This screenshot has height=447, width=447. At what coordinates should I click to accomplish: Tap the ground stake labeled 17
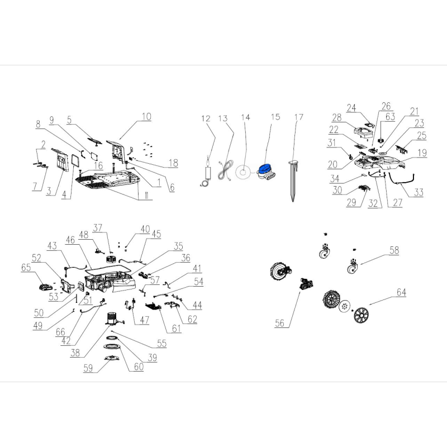click(293, 180)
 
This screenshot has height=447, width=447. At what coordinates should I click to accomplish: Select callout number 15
click(275, 117)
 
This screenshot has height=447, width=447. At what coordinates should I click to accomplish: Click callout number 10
click(146, 117)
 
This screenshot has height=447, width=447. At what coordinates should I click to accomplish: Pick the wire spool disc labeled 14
click(243, 172)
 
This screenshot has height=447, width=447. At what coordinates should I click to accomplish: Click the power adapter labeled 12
click(207, 173)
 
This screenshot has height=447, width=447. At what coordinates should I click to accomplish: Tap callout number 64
click(401, 292)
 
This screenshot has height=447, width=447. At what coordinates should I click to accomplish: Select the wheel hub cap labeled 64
click(361, 315)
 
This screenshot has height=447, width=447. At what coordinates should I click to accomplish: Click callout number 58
click(394, 250)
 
